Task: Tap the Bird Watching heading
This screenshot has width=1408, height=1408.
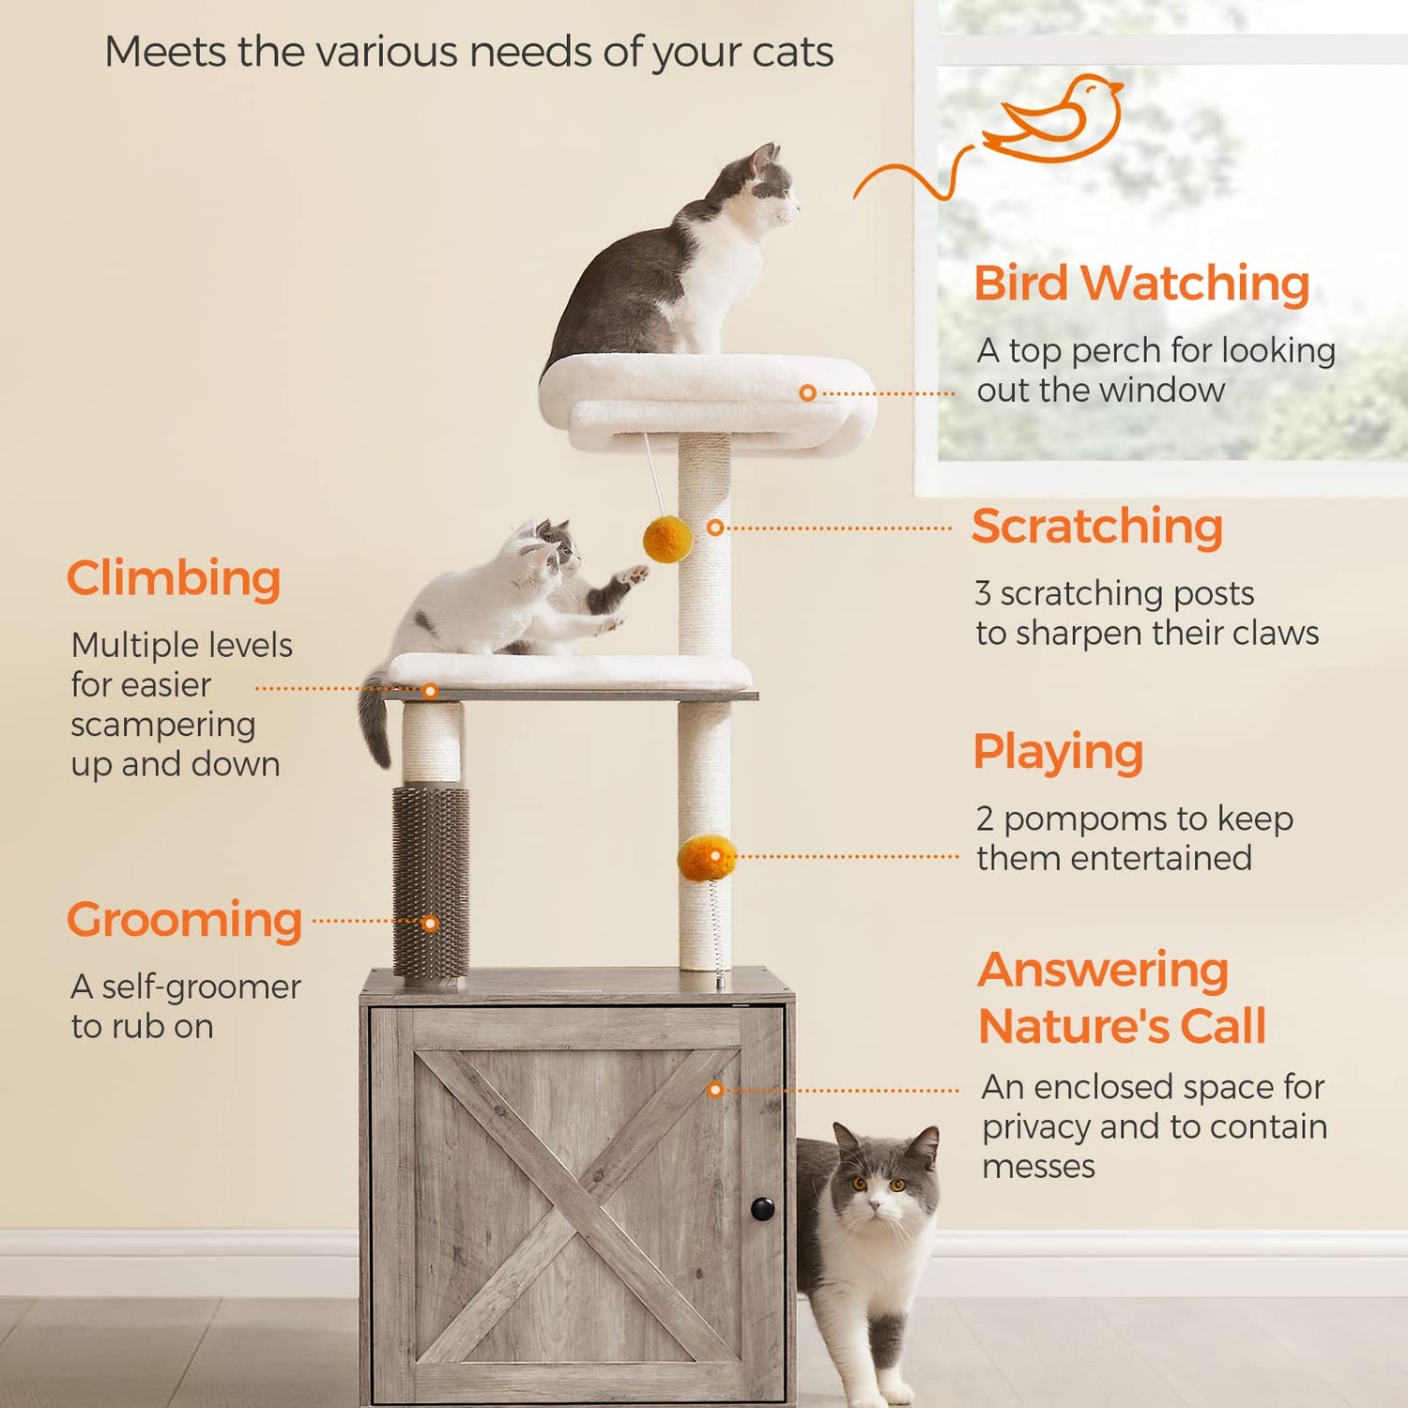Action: click(1141, 283)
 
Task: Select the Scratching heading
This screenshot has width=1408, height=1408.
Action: click(1097, 527)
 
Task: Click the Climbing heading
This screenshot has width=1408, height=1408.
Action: click(174, 578)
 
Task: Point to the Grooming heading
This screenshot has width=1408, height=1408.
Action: click(184, 920)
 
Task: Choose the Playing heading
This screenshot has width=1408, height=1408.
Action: click(1058, 753)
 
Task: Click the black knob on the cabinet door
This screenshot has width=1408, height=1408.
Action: click(762, 1208)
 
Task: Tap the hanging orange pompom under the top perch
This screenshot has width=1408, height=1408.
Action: click(667, 539)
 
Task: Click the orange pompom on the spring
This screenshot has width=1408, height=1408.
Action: click(706, 858)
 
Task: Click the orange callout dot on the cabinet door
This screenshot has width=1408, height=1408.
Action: click(715, 1090)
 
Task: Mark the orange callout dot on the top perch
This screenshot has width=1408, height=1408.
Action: click(807, 393)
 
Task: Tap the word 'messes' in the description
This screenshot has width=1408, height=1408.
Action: click(1038, 1167)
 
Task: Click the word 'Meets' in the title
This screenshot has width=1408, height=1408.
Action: click(164, 53)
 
